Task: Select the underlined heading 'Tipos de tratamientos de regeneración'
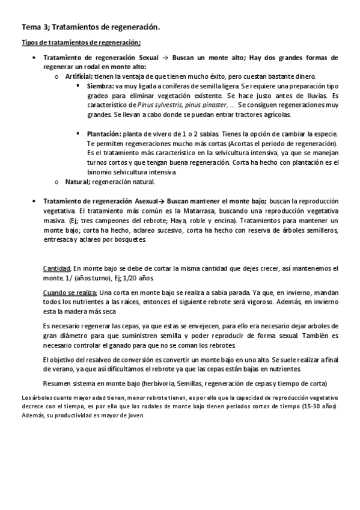[81, 42]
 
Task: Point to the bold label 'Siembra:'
[101, 86]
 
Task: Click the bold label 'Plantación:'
[105, 133]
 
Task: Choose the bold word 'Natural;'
[78, 182]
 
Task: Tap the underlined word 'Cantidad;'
[57, 268]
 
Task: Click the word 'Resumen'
[58, 383]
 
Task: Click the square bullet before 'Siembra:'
[79, 86]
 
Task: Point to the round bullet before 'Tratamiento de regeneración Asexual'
[34, 201]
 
